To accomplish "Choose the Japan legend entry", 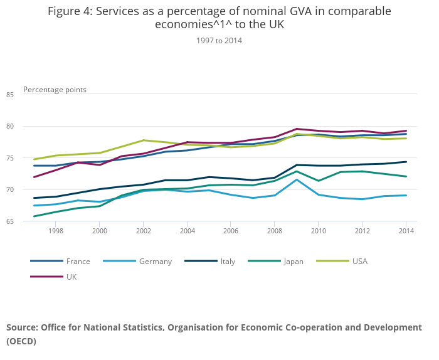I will pyautogui.click(x=293, y=262).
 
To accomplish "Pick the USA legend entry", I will pyautogui.click(x=360, y=262).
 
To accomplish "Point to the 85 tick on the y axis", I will pyautogui.click(x=28, y=95).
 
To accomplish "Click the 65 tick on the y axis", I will pyautogui.click(x=28, y=221).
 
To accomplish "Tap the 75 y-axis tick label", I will pyautogui.click(x=28, y=158).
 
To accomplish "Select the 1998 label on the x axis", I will pyautogui.click(x=56, y=231).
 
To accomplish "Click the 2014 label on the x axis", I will pyautogui.click(x=406, y=231).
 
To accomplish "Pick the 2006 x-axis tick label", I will pyautogui.click(x=231, y=231).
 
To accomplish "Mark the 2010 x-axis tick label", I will pyautogui.click(x=318, y=231).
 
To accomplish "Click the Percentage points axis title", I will pyautogui.click(x=55, y=90).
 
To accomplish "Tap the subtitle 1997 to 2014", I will pyautogui.click(x=219, y=41).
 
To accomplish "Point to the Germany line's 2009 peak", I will pyautogui.click(x=297, y=179).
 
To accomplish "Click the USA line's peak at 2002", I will pyautogui.click(x=144, y=140).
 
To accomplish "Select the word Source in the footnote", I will pyautogui.click(x=22, y=327).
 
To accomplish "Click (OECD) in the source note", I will pyautogui.click(x=21, y=341).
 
